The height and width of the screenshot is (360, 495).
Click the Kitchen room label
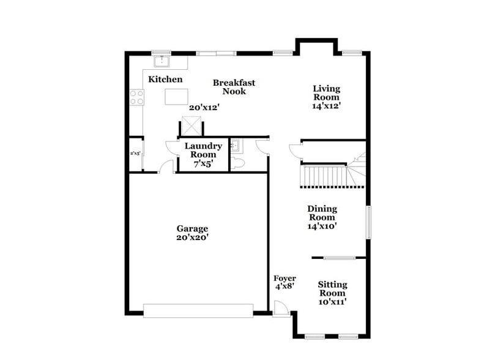165,80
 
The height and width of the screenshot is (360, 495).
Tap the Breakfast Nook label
234,87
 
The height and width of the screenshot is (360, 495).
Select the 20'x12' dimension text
204,107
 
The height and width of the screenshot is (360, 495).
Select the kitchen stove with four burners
136,97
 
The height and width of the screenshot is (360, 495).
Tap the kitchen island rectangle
176,97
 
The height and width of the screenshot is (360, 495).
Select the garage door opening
198,310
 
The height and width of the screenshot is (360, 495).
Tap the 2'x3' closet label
135,154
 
